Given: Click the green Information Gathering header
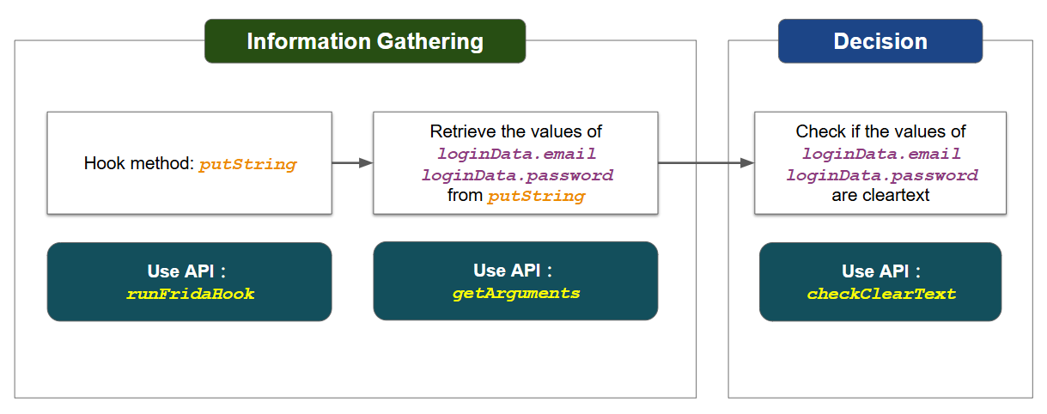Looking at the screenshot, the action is click(x=365, y=41).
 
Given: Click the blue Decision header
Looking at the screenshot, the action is click(x=880, y=41).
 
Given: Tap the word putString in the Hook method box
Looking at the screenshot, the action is click(x=247, y=164).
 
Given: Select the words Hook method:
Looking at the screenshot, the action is click(x=139, y=163).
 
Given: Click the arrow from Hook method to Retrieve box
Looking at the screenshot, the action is click(x=352, y=162).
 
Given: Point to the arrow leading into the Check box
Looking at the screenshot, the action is click(x=706, y=162).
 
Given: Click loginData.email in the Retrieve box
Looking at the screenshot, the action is click(x=516, y=153).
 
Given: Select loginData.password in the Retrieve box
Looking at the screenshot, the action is click(x=517, y=174).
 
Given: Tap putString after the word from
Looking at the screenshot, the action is click(x=537, y=196).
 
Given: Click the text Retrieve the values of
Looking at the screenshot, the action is click(x=516, y=131).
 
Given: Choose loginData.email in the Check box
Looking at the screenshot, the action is click(x=881, y=153).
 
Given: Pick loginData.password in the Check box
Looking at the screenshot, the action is click(x=881, y=174).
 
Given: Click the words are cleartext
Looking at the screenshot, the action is click(x=880, y=195).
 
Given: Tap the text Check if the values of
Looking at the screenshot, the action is click(x=880, y=131).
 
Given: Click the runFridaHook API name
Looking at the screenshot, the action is click(x=190, y=294).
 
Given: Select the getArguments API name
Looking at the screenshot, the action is click(x=516, y=294).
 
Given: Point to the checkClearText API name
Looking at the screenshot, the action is click(x=881, y=294).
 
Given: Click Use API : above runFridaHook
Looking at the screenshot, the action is click(x=186, y=271).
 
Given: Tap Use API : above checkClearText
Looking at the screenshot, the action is click(x=881, y=271).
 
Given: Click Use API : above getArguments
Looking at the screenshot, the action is click(x=513, y=270).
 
